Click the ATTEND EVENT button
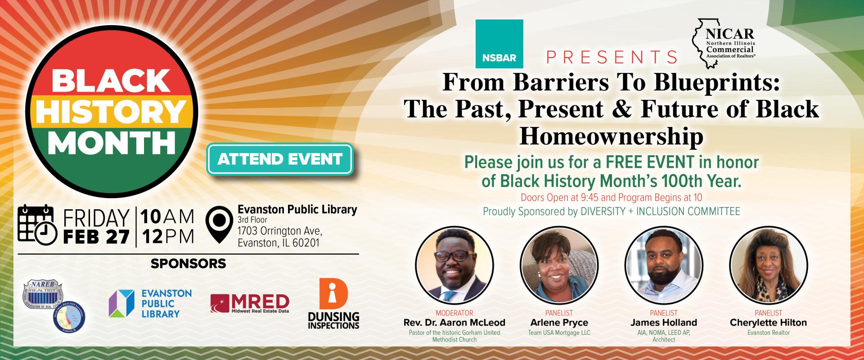(x=279, y=159)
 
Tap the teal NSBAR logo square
(x=499, y=44)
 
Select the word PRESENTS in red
(x=612, y=57)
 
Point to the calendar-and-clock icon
(x=36, y=225)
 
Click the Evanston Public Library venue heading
(x=297, y=209)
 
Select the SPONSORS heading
(x=188, y=263)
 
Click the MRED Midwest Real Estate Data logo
(x=249, y=304)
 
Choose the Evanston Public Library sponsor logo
(x=150, y=303)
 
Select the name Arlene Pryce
(x=559, y=323)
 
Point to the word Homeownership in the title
(x=611, y=137)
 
